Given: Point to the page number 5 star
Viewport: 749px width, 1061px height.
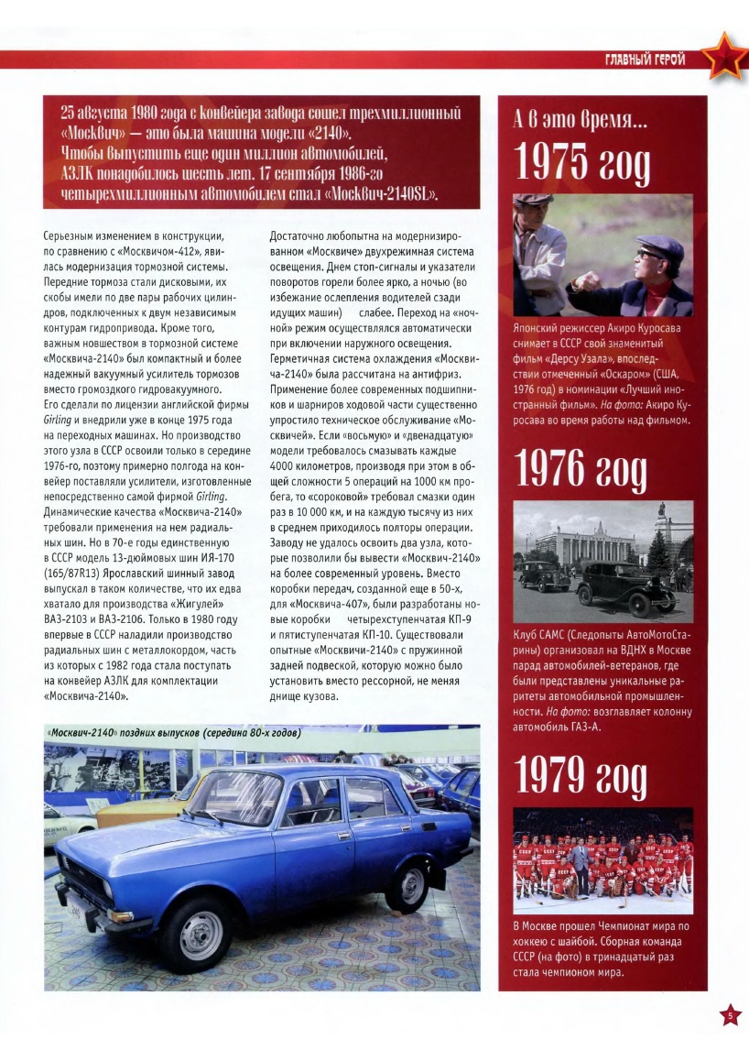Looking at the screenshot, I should point(730,1014).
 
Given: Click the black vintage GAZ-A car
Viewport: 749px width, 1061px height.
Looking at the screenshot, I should point(628,586).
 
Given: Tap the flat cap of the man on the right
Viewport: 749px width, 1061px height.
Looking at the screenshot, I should point(659,246).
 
